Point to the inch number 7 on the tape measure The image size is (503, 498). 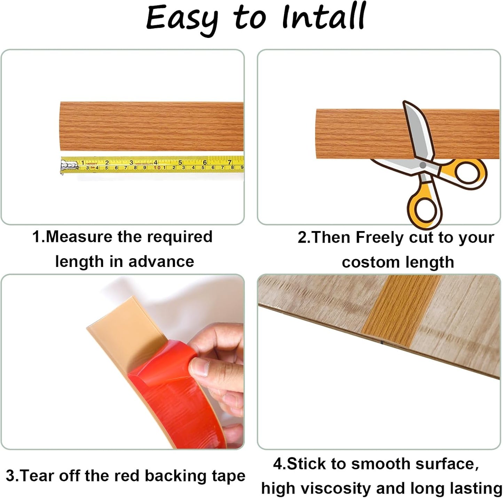coord(229,162)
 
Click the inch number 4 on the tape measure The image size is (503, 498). coord(156,162)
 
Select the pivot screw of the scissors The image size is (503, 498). coord(422,165)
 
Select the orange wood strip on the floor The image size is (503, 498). coord(400,306)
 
